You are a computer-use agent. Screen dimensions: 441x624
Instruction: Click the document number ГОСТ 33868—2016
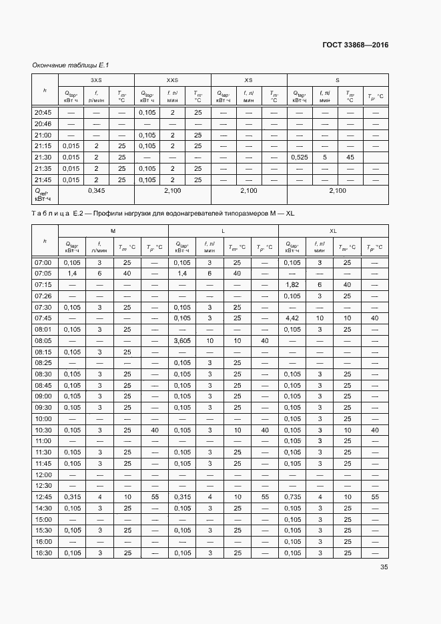click(355, 45)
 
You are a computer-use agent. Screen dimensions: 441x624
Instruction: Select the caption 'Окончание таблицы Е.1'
click(70, 65)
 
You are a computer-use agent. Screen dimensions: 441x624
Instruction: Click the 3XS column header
click(96, 79)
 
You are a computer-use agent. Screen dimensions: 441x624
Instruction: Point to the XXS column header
click(172, 79)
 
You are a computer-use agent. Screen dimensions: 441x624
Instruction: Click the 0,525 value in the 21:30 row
click(300, 157)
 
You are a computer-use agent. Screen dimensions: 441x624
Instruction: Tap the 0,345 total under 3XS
click(96, 191)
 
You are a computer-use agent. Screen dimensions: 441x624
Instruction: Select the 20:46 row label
click(43, 124)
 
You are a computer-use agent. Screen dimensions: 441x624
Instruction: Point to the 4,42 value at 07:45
click(293, 318)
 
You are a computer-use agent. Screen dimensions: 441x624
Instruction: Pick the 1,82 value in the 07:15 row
click(293, 284)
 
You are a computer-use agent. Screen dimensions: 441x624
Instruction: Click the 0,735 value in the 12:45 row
click(293, 497)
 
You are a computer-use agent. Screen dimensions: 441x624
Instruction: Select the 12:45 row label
click(43, 497)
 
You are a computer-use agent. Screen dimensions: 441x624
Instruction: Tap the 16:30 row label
click(43, 553)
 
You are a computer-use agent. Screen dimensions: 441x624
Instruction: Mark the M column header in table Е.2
click(113, 230)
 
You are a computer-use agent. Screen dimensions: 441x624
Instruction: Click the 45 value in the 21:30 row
click(350, 157)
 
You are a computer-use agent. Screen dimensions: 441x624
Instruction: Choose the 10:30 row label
click(43, 430)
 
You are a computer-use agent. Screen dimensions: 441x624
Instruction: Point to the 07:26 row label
click(43, 296)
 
